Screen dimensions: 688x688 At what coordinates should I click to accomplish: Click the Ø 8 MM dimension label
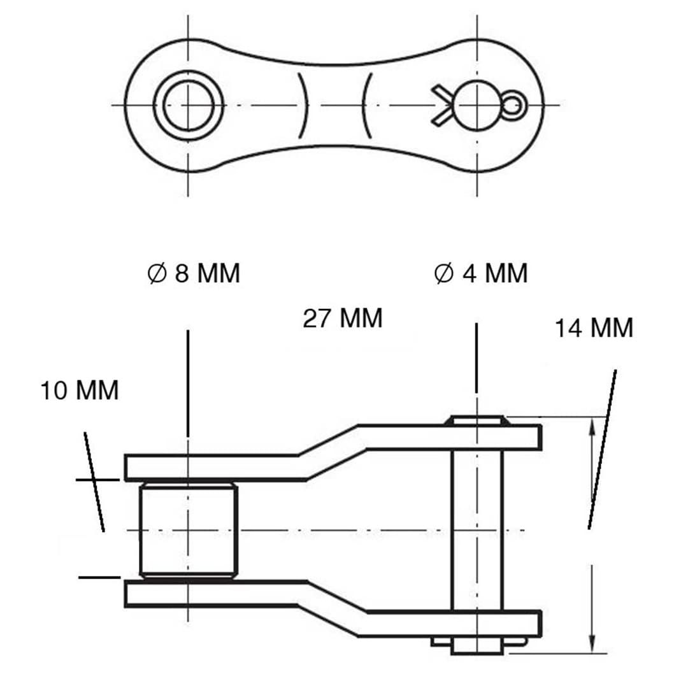click(194, 273)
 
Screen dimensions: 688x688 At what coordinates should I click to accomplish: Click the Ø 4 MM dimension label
click(480, 273)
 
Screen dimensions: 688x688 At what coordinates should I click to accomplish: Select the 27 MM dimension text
click(343, 318)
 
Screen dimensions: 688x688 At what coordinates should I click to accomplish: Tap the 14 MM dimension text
click(594, 328)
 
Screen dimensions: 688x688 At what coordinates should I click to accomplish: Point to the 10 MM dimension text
click(80, 390)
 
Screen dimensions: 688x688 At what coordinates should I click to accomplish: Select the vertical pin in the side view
click(477, 535)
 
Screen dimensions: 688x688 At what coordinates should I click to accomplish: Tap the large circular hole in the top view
click(189, 105)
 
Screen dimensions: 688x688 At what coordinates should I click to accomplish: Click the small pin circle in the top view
click(477, 105)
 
